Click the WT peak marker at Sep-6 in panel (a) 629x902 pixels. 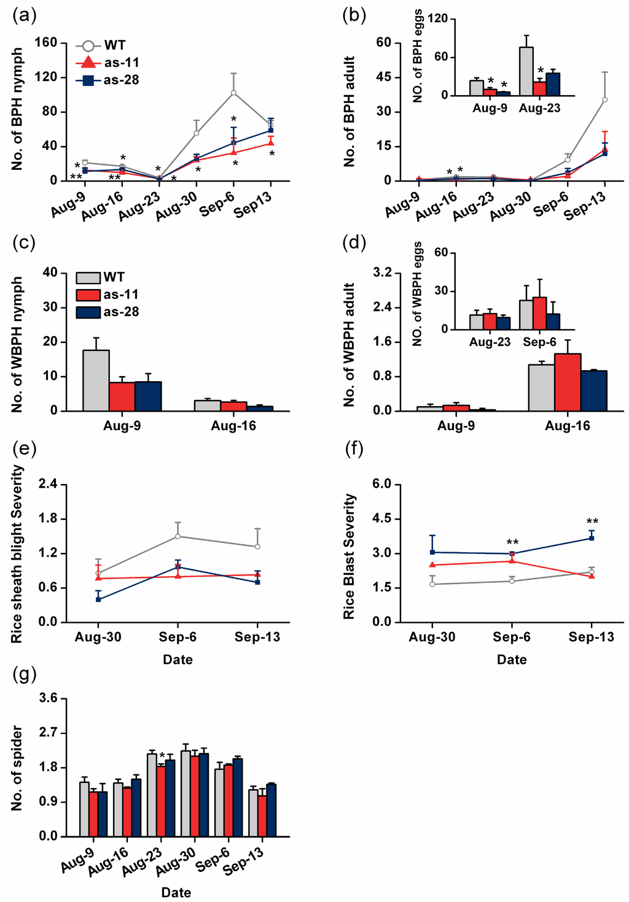pyautogui.click(x=233, y=93)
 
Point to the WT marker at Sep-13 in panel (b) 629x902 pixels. pyautogui.click(x=604, y=99)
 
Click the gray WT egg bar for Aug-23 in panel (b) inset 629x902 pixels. pyautogui.click(x=526, y=71)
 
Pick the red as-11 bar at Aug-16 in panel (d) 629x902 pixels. pyautogui.click(x=568, y=382)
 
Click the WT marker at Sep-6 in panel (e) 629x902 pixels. pyautogui.click(x=178, y=536)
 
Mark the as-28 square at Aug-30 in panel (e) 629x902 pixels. pyautogui.click(x=98, y=599)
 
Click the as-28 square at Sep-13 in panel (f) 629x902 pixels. pyautogui.click(x=592, y=538)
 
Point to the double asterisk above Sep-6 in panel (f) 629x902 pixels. pyautogui.click(x=512, y=542)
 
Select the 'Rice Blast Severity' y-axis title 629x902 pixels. pyautogui.click(x=350, y=556)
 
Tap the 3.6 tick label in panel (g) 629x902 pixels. pyautogui.click(x=49, y=698)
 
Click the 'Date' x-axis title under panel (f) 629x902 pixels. pyautogui.click(x=512, y=660)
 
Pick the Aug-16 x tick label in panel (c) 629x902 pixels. pyautogui.click(x=233, y=426)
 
